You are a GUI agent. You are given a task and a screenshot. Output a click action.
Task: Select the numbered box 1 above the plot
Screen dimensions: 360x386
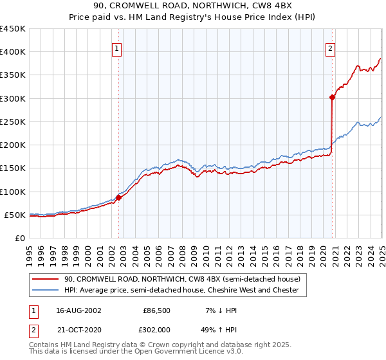click(117, 48)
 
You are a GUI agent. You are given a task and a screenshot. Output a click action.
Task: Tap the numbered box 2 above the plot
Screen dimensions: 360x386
click(330, 48)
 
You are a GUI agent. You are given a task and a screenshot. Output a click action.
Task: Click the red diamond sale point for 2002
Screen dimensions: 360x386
click(119, 197)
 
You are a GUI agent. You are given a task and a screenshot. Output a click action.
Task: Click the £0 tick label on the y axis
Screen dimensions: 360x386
click(20, 238)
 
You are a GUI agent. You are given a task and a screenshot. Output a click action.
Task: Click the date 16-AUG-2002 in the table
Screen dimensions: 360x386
click(78, 310)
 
